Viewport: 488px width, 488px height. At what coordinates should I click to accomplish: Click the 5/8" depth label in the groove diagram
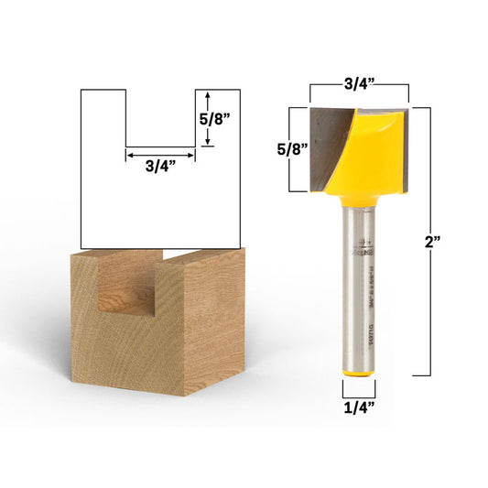[225, 118]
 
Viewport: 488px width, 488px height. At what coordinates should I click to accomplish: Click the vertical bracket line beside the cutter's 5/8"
[291, 148]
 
